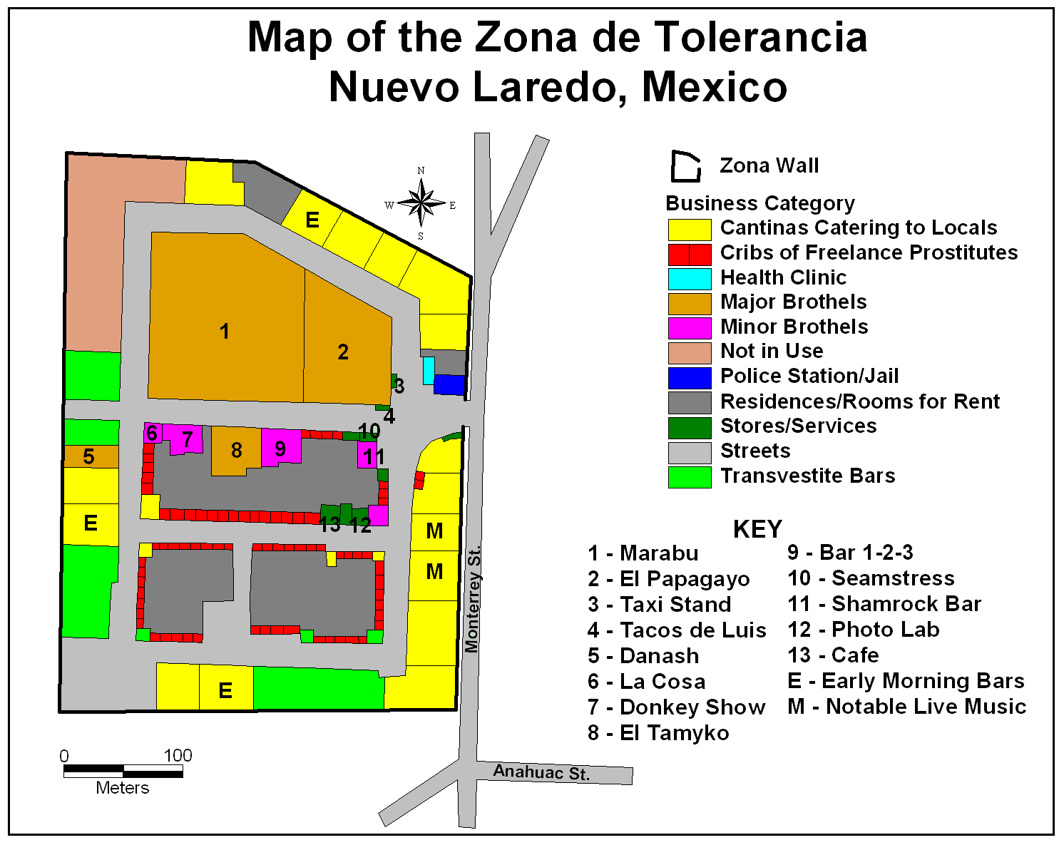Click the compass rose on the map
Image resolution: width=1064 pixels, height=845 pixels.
coord(421,203)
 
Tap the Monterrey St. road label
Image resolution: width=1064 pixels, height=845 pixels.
coord(472,599)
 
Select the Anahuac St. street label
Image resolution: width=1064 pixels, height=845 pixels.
coord(541,772)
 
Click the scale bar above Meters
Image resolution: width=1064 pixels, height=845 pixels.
coord(123,771)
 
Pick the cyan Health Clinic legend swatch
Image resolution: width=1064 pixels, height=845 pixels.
coord(689,278)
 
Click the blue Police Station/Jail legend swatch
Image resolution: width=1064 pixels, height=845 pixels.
coord(689,377)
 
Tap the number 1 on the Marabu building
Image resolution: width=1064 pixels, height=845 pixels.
coord(225,332)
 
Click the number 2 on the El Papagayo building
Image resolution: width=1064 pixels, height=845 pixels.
coord(343,352)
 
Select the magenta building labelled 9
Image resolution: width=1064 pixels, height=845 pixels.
coord(280,448)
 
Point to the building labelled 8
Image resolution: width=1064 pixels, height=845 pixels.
coord(236,451)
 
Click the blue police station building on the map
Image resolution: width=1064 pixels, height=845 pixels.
coord(449,384)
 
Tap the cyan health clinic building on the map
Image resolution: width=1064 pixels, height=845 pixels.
coord(428,371)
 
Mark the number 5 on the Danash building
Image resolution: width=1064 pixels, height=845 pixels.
coord(88,456)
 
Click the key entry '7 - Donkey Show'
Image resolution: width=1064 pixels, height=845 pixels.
coord(676,707)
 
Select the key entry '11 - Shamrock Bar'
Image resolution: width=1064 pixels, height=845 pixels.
coord(884,604)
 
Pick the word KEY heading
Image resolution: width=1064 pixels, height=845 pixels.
coord(757,529)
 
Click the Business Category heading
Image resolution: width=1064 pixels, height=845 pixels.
coord(759,203)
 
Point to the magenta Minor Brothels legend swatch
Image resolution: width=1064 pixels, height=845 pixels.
coord(689,328)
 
